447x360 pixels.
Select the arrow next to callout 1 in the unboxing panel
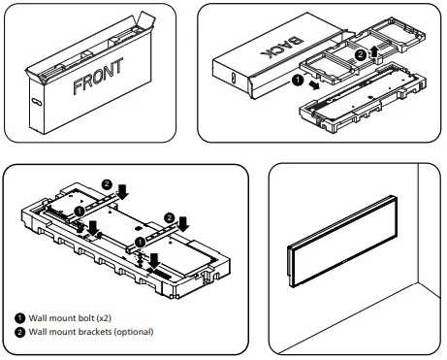(x=316, y=88)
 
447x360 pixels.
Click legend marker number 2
(x=19, y=333)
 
